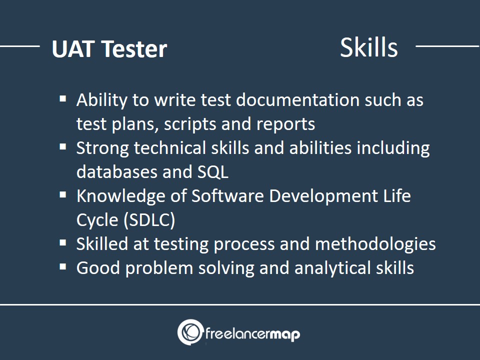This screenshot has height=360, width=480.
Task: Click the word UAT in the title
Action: pos(72,48)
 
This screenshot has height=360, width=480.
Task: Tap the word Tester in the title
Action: pos(134,49)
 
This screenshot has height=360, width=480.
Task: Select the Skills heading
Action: pos(369,47)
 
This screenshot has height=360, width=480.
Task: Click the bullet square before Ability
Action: pos(63,98)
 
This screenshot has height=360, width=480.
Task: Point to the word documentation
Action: pos(298,100)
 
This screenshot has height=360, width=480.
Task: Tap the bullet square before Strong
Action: pos(63,146)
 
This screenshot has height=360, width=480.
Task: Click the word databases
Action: pos(117,171)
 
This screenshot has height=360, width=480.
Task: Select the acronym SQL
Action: pos(213,172)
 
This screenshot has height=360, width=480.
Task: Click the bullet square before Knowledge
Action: pos(63,194)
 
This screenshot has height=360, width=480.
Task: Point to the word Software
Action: pos(227,196)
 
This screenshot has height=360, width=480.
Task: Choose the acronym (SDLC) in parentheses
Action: pos(149,220)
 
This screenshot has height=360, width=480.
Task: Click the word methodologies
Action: pos(375,244)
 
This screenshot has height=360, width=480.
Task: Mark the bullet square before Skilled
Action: pos(63,243)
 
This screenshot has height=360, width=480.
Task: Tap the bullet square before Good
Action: pos(63,266)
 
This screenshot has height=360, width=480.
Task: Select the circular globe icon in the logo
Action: pos(190,332)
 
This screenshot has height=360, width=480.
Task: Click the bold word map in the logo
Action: pos(284,334)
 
